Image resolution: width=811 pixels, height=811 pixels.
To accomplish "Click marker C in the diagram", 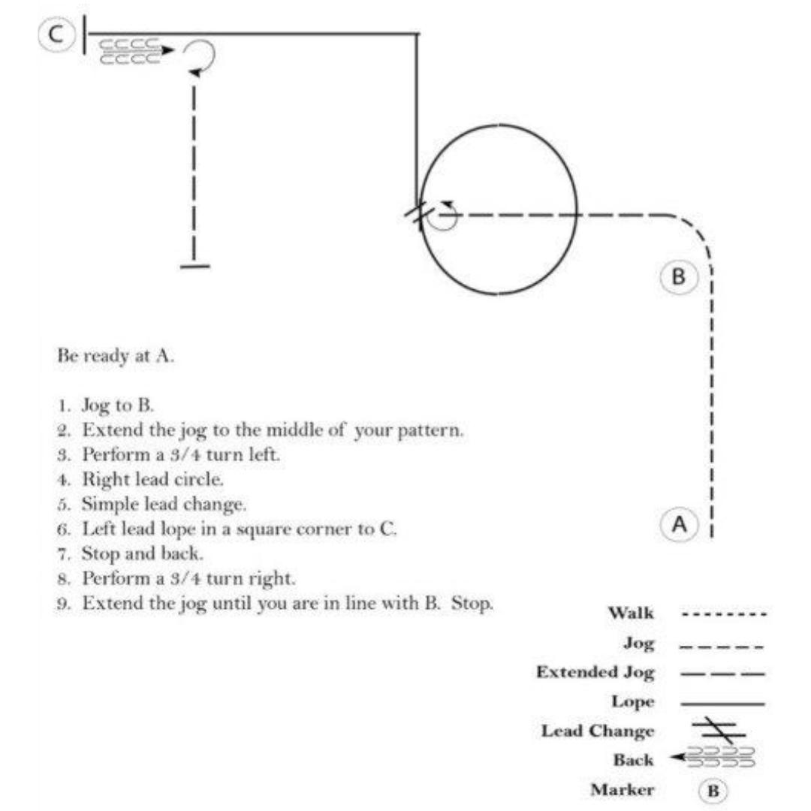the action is (56, 34).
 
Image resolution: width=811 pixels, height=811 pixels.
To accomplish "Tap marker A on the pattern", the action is (679, 524).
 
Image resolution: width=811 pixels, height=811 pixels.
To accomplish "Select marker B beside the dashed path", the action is (679, 276).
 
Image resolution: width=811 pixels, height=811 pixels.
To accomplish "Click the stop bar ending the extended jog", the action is (195, 267).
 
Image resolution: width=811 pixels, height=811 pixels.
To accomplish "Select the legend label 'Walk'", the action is (631, 613).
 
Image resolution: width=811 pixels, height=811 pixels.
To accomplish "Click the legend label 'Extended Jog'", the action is (595, 672).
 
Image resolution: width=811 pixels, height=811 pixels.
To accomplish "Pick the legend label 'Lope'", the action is (633, 701).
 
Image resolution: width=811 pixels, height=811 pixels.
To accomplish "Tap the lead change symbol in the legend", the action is (719, 731).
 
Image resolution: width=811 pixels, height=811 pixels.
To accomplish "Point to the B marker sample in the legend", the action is (713, 790).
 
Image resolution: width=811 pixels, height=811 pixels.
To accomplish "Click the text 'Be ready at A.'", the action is (116, 357).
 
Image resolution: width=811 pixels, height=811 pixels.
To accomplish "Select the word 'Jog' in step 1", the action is (95, 405).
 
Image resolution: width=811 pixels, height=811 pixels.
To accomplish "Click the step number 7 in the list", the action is (62, 554).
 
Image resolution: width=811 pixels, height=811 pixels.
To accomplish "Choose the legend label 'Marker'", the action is (623, 790).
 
